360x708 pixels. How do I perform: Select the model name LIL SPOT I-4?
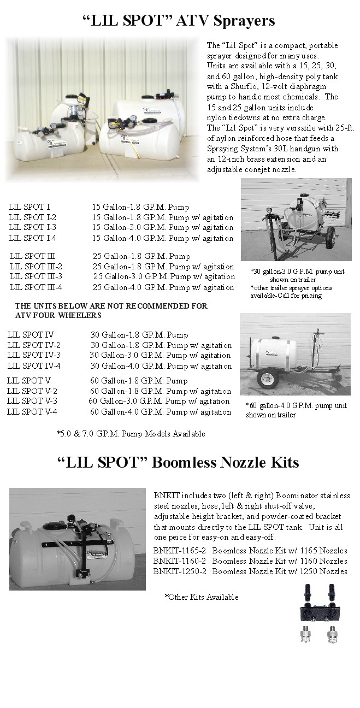coord(32,238)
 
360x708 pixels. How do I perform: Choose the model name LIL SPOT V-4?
coord(32,412)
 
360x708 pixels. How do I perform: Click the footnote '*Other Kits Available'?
coord(202,597)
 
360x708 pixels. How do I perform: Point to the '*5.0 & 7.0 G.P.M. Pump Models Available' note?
coord(131,434)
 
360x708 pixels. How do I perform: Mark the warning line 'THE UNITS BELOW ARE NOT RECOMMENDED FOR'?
coord(111,306)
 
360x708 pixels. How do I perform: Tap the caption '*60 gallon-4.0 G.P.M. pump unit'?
coord(296,406)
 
